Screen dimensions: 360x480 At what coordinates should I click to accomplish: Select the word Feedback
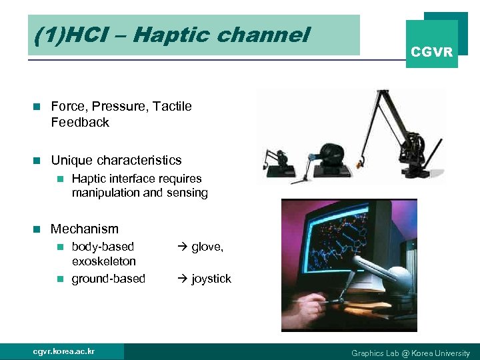[80, 122]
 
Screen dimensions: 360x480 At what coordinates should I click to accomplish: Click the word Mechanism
[85, 229]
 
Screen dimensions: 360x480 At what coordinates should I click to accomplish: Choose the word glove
[207, 247]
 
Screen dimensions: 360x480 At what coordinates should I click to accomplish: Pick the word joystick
[211, 279]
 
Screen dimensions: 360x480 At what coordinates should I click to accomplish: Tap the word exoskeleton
[103, 261]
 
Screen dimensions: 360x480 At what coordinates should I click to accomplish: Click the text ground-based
[108, 279]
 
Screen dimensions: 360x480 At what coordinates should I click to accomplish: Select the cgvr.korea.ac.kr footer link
[63, 351]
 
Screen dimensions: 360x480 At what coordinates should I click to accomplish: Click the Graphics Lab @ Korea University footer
[411, 353]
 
